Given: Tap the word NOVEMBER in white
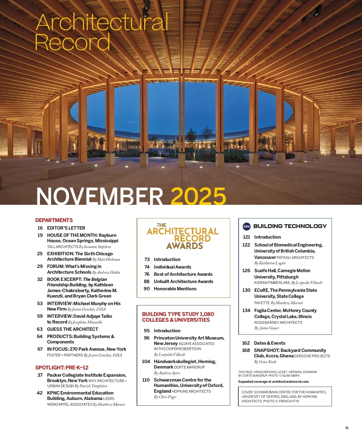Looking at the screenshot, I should (x=100, y=196).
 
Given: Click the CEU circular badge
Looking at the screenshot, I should (x=246, y=226).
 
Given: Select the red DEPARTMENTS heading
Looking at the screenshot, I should (x=54, y=220).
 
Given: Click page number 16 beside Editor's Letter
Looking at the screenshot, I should (x=40, y=228).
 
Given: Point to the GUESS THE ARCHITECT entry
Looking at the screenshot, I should (x=72, y=329).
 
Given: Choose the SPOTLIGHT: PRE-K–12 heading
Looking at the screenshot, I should (x=62, y=368).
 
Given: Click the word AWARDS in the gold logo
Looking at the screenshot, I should (x=185, y=246).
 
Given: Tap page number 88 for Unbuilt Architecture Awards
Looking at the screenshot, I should (x=147, y=282).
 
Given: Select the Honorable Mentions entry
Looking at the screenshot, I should (x=175, y=289).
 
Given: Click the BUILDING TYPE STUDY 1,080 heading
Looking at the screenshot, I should (x=178, y=314).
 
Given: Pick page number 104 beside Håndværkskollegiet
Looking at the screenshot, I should (x=146, y=362).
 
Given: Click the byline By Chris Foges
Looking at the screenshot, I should (x=165, y=397).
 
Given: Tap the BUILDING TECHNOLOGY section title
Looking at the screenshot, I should (x=290, y=226).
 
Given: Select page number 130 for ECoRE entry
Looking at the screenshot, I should (x=246, y=290).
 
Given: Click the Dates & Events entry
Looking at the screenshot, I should (x=269, y=343).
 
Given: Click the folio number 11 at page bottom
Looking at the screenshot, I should (x=347, y=428).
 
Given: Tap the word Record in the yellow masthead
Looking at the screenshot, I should (x=72, y=42).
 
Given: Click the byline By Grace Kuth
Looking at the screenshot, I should (x=265, y=362).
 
